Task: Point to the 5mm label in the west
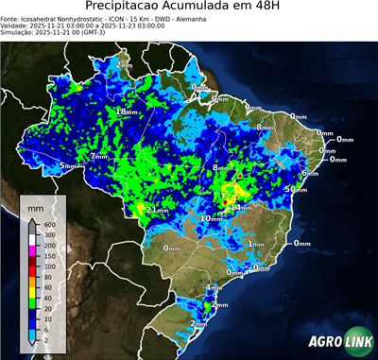click(x=67, y=166)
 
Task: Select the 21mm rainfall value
click(x=158, y=209)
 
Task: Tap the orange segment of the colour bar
click(x=32, y=270)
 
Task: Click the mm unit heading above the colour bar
click(x=35, y=205)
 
